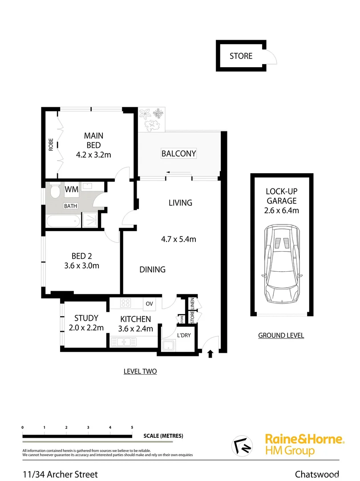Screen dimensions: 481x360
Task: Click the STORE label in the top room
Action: pyautogui.click(x=241, y=56)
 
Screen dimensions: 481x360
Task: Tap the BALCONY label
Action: pyautogui.click(x=178, y=154)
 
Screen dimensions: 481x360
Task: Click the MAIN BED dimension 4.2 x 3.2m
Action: pyautogui.click(x=93, y=156)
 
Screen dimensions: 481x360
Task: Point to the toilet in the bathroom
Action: pyautogui.click(x=55, y=193)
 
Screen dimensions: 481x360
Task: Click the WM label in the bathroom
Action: pyautogui.click(x=72, y=190)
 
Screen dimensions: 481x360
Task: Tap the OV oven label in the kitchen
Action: pyautogui.click(x=149, y=304)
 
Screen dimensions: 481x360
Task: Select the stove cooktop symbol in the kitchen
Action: pyautogui.click(x=126, y=304)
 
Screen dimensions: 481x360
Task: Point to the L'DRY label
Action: pyautogui.click(x=184, y=335)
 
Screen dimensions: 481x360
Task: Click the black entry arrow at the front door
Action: pyautogui.click(x=210, y=354)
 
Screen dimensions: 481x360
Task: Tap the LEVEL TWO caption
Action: pyautogui.click(x=140, y=371)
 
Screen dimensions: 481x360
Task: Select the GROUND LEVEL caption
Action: pyautogui.click(x=281, y=335)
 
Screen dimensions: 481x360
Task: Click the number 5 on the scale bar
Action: pyautogui.click(x=132, y=427)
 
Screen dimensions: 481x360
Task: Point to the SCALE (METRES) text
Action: pyautogui.click(x=163, y=436)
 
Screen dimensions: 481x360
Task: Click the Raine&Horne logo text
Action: pyautogui.click(x=304, y=439)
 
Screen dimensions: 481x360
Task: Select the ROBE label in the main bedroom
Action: pyautogui.click(x=51, y=145)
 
